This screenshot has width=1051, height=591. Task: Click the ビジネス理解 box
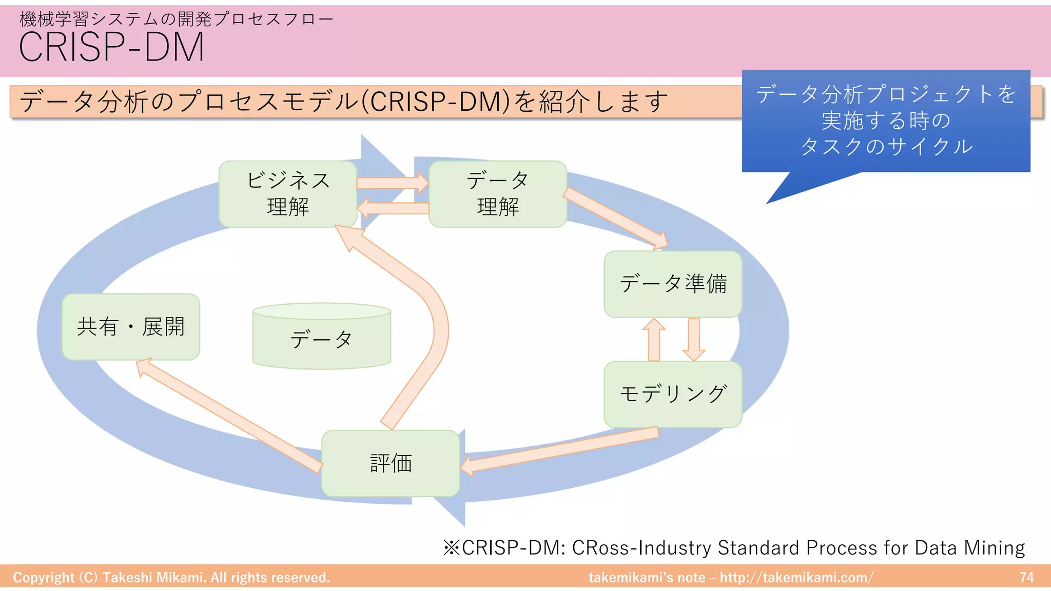pos(287,194)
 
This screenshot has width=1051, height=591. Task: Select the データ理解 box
pos(497,194)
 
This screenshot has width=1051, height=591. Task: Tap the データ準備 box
pos(673,284)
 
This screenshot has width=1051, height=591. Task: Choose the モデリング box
pos(673,394)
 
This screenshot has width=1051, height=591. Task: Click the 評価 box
pos(391,463)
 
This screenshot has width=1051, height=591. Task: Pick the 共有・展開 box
pos(131,327)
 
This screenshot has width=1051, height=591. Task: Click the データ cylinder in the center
pos(322,339)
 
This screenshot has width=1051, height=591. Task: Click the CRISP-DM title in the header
pos(111,47)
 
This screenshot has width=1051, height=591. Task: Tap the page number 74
pos(1026,578)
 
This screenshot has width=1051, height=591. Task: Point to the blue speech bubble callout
pos(886,121)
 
